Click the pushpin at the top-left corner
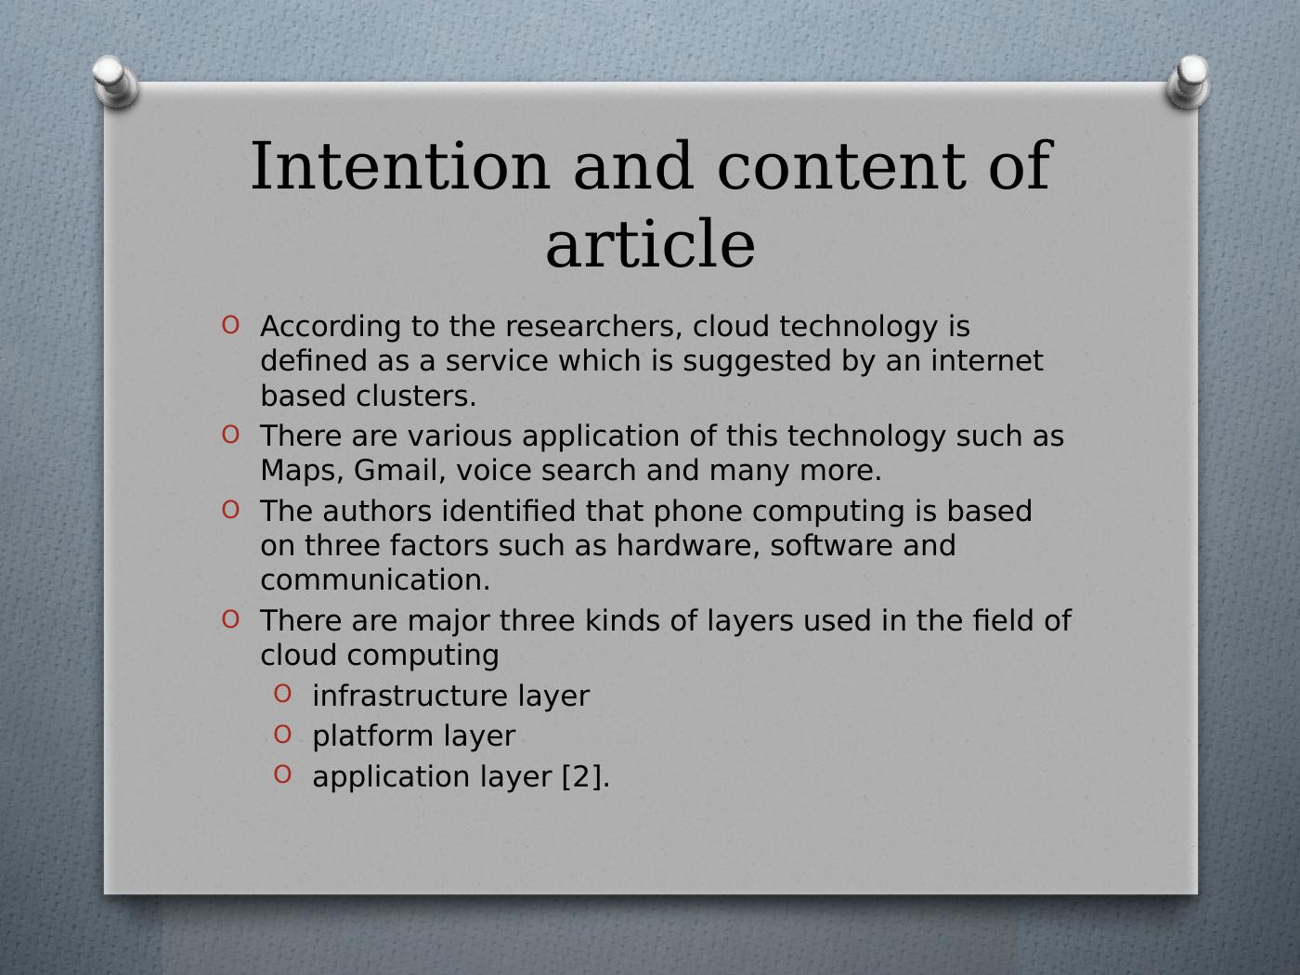pos(116,81)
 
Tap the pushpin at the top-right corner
pos(1188,81)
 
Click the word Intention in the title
pos(400,166)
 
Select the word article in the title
pos(650,244)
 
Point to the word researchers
pos(590,326)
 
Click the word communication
pos(375,579)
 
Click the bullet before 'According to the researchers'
pos(230,325)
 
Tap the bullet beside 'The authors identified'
pos(230,510)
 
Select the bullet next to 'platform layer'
pos(282,734)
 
